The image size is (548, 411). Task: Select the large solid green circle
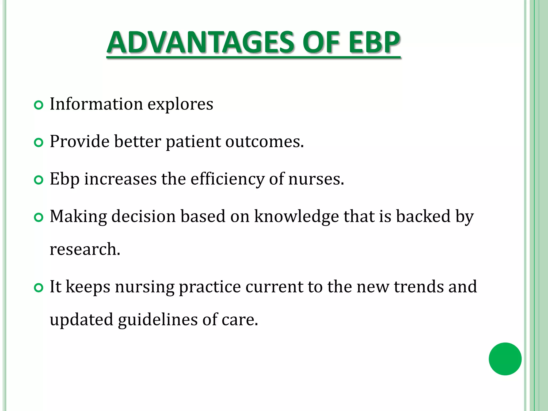pyautogui.click(x=505, y=359)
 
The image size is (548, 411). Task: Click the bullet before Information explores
pyautogui.click(x=39, y=105)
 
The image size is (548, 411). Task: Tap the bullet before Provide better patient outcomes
pyautogui.click(x=39, y=143)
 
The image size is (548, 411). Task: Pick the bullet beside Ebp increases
pyautogui.click(x=39, y=180)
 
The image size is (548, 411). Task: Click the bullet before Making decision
pyautogui.click(x=39, y=218)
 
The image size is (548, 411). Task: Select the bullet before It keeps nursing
pyautogui.click(x=39, y=288)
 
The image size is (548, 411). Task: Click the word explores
pyautogui.click(x=180, y=104)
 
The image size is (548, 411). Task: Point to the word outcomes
pyautogui.click(x=264, y=142)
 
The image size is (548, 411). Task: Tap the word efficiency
pyautogui.click(x=227, y=179)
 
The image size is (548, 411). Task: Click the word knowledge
pyautogui.click(x=296, y=216)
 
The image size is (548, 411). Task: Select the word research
pyautogui.click(x=85, y=249)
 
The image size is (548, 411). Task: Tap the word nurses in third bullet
pyautogui.click(x=316, y=179)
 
